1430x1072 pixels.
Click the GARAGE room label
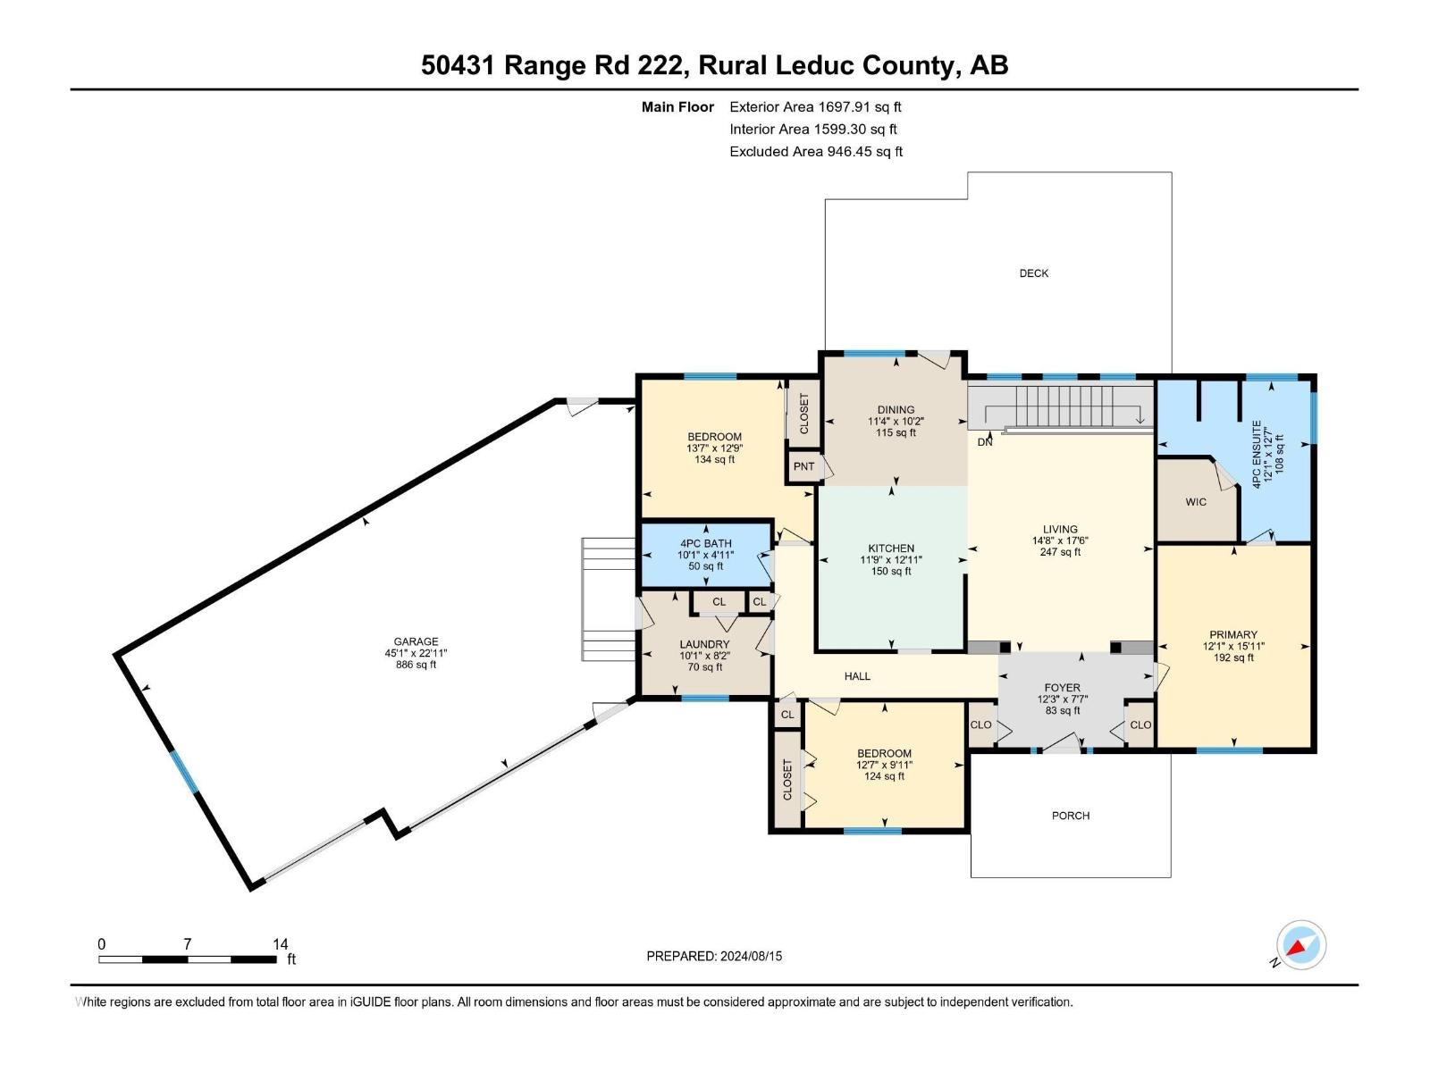tap(416, 641)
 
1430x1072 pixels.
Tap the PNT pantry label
tap(803, 466)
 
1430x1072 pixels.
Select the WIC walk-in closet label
tap(1196, 502)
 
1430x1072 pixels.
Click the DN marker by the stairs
tap(984, 442)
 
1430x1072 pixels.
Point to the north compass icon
tap(1301, 945)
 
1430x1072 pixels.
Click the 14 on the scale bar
tap(280, 944)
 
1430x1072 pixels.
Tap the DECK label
tap(1033, 273)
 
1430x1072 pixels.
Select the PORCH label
tap(1070, 816)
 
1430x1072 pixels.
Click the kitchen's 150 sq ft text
tap(891, 572)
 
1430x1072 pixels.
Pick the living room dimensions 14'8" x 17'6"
tap(1060, 540)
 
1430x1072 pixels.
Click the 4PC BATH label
tap(705, 543)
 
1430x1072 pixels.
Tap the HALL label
tap(857, 676)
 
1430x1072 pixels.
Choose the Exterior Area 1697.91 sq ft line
tap(815, 106)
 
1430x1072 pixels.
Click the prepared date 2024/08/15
tap(750, 956)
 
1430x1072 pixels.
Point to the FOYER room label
tap(1062, 688)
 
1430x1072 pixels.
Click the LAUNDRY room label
tap(704, 644)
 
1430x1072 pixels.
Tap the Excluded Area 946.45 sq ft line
tap(815, 152)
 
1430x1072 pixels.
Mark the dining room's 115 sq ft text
tap(896, 432)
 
